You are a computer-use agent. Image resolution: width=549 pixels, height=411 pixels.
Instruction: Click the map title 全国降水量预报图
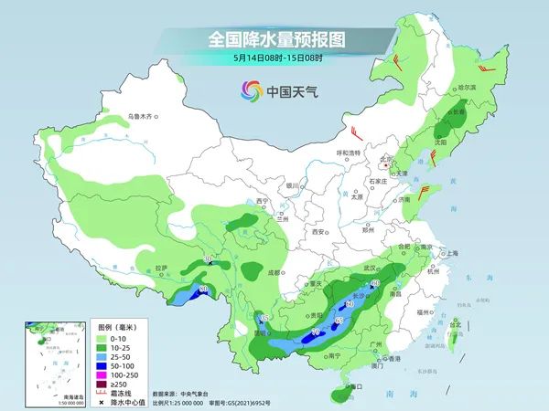(274, 39)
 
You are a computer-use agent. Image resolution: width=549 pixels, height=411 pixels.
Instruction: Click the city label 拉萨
(161, 268)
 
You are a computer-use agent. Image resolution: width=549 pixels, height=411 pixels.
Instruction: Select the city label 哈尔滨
(467, 87)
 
